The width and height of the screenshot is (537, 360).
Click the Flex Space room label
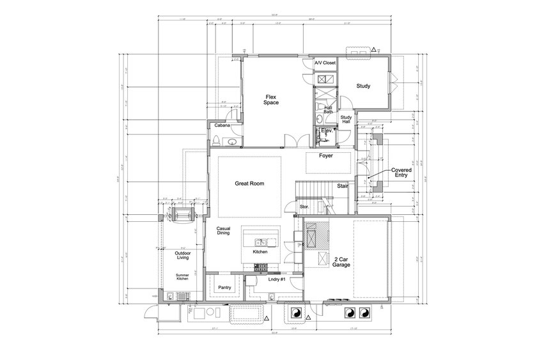[x=272, y=100]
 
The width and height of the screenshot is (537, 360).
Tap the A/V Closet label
[x=325, y=63]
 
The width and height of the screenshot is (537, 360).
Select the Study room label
[x=364, y=86]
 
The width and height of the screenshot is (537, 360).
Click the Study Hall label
[x=346, y=119]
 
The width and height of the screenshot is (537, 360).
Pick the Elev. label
[x=326, y=130]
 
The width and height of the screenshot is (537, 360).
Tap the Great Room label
[x=249, y=184]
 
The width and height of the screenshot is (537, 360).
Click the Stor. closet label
[x=304, y=207]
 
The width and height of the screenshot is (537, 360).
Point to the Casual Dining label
[x=223, y=231]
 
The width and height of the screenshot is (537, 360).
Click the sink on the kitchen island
[x=261, y=242]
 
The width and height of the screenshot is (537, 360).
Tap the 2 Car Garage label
[x=341, y=263]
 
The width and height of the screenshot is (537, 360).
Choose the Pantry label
[x=224, y=287]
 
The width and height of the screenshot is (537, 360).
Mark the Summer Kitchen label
[x=182, y=278]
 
